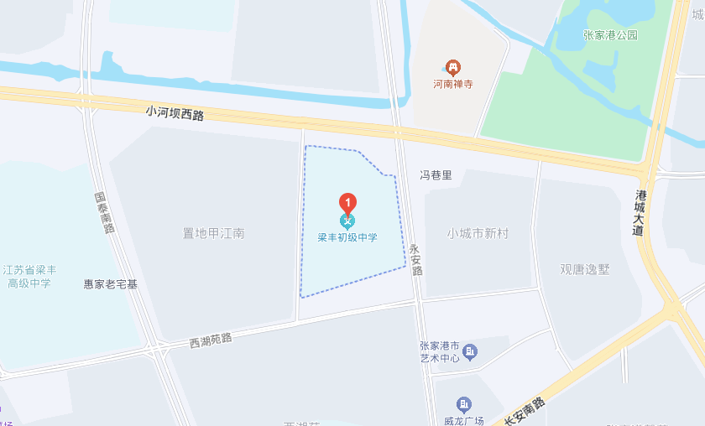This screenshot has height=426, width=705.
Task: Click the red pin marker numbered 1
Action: click(x=347, y=202)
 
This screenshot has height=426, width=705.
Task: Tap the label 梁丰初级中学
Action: click(x=347, y=237)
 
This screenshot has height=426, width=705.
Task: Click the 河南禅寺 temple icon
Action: click(x=452, y=66)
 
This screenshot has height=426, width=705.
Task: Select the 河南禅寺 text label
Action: click(x=452, y=84)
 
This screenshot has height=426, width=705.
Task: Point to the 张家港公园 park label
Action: click(x=610, y=35)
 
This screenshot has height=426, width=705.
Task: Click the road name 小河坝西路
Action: click(x=175, y=112)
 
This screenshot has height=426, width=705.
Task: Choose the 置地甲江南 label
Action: click(x=214, y=233)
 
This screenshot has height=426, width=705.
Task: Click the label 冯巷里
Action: click(x=436, y=175)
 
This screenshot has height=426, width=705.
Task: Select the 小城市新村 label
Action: click(x=478, y=233)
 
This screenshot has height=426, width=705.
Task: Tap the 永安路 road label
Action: click(x=415, y=260)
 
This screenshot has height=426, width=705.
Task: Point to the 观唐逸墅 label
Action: click(x=585, y=269)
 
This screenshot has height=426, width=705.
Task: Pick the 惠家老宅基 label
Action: click(x=110, y=284)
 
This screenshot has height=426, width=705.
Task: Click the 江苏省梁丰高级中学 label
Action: click(x=29, y=276)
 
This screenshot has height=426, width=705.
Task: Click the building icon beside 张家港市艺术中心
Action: click(x=470, y=351)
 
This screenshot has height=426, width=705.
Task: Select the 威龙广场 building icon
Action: click(x=463, y=404)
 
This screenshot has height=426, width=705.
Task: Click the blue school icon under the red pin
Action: click(x=347, y=221)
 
